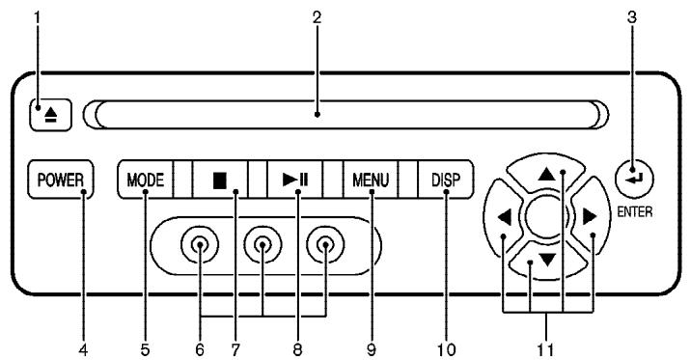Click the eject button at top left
pyautogui.click(x=45, y=113)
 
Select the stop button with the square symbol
pyautogui.click(x=221, y=179)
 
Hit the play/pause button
pyautogui.click(x=294, y=179)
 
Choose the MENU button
pyautogui.click(x=370, y=179)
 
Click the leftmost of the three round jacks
pyautogui.click(x=198, y=247)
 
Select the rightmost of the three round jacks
pyautogui.click(x=325, y=247)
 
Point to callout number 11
pyautogui.click(x=546, y=345)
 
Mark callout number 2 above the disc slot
pyautogui.click(x=317, y=17)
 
